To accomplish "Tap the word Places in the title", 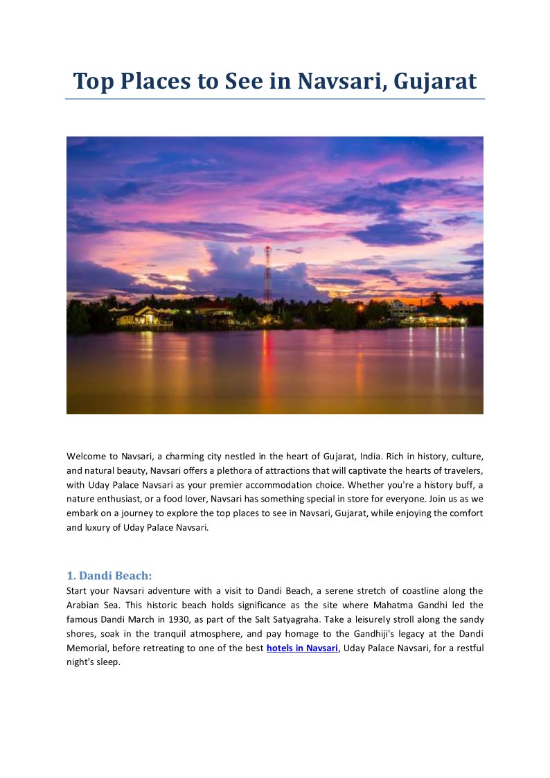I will (157, 82).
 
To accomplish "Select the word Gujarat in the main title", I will (435, 82).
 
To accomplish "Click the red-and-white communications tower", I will (267, 277).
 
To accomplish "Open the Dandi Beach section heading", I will (109, 576).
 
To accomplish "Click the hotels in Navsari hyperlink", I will (302, 648).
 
